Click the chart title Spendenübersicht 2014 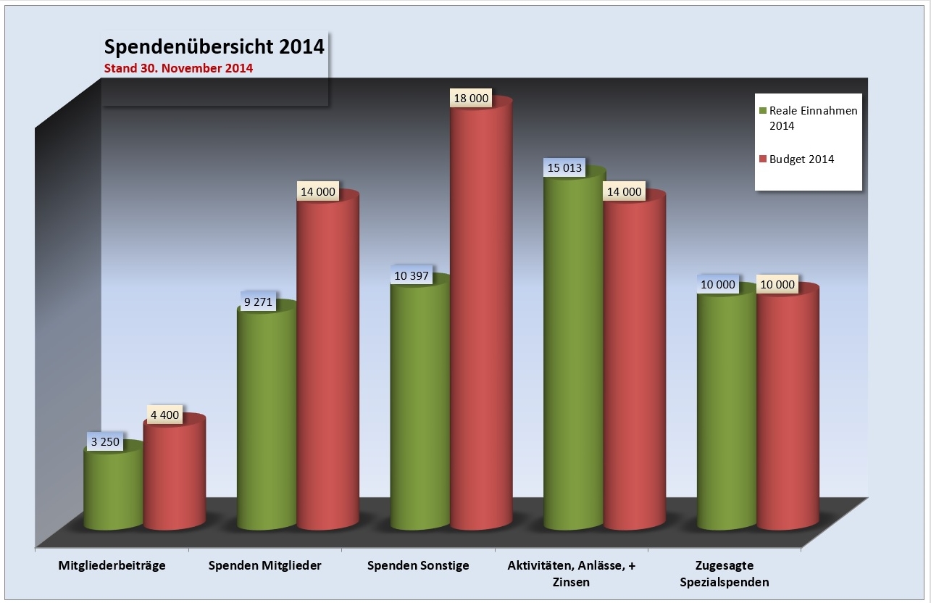click(214, 47)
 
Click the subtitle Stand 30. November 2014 click(178, 70)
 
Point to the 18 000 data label click(470, 99)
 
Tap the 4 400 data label click(165, 417)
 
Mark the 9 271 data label click(257, 301)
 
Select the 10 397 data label click(410, 275)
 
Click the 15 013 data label click(564, 168)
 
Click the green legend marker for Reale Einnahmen click(762, 111)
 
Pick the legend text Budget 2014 click(801, 159)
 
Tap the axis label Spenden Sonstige click(418, 565)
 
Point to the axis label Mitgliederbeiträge click(112, 565)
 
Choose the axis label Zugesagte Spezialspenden click(732, 573)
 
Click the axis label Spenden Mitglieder click(265, 565)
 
